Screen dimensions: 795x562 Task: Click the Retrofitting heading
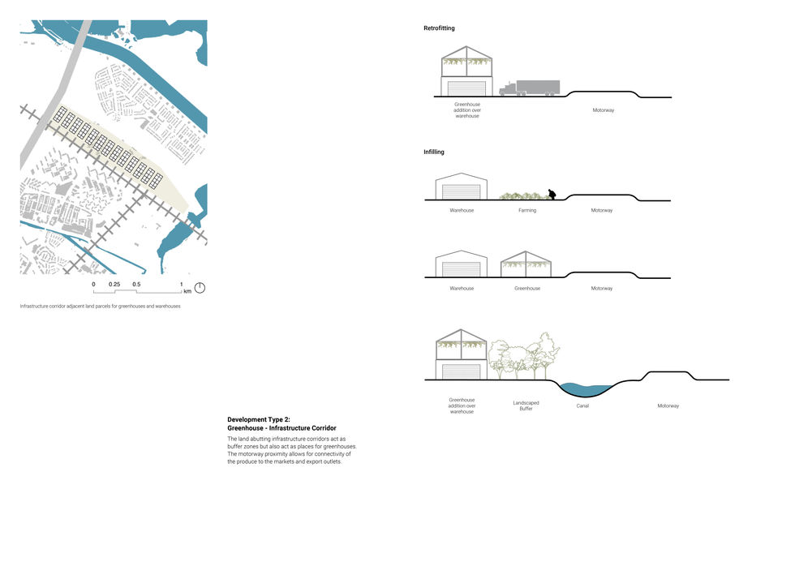(x=439, y=28)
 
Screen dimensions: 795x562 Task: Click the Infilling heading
(x=433, y=152)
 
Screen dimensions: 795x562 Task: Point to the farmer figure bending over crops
(x=552, y=195)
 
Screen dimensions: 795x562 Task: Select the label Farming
(x=527, y=211)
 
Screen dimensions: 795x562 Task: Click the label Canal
(x=582, y=405)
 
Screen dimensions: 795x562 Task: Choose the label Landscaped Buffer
(x=526, y=405)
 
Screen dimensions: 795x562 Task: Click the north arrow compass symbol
(x=200, y=288)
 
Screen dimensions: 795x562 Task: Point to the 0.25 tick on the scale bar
(x=115, y=285)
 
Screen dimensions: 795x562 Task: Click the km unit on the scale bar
(x=187, y=290)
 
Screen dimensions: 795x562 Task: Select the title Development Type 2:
(x=259, y=419)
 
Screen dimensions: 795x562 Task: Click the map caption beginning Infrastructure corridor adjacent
(x=101, y=307)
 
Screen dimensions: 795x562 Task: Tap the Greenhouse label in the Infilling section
(x=527, y=289)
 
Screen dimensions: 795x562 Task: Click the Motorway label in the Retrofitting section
(x=603, y=109)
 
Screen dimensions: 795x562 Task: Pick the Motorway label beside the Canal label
(x=668, y=405)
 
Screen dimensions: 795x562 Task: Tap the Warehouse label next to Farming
(x=462, y=211)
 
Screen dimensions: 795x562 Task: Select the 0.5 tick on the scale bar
(x=136, y=285)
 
